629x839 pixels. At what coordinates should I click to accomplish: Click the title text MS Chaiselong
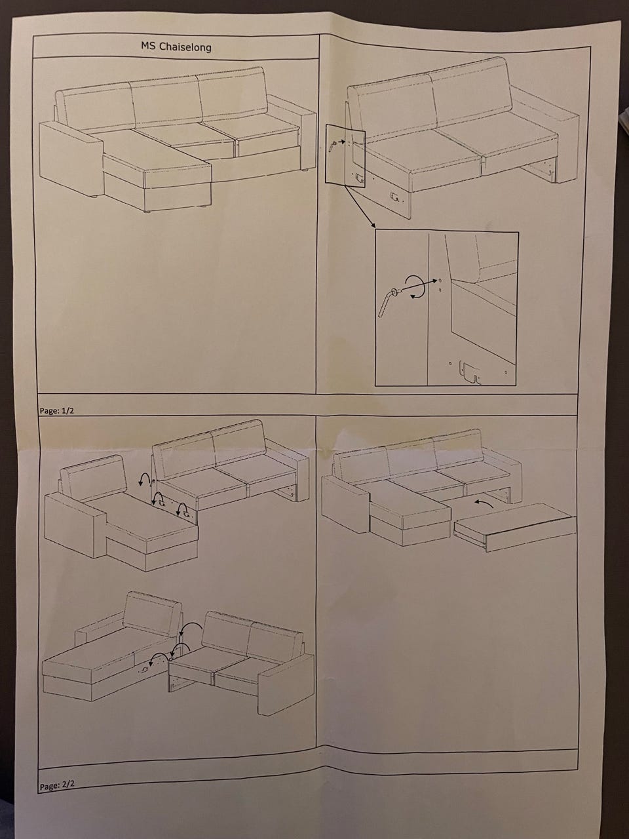(x=176, y=47)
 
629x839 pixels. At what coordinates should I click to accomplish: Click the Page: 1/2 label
(x=56, y=410)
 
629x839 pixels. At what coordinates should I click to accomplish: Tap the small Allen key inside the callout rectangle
(x=332, y=146)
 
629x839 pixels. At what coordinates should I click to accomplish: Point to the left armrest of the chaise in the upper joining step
(x=75, y=526)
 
